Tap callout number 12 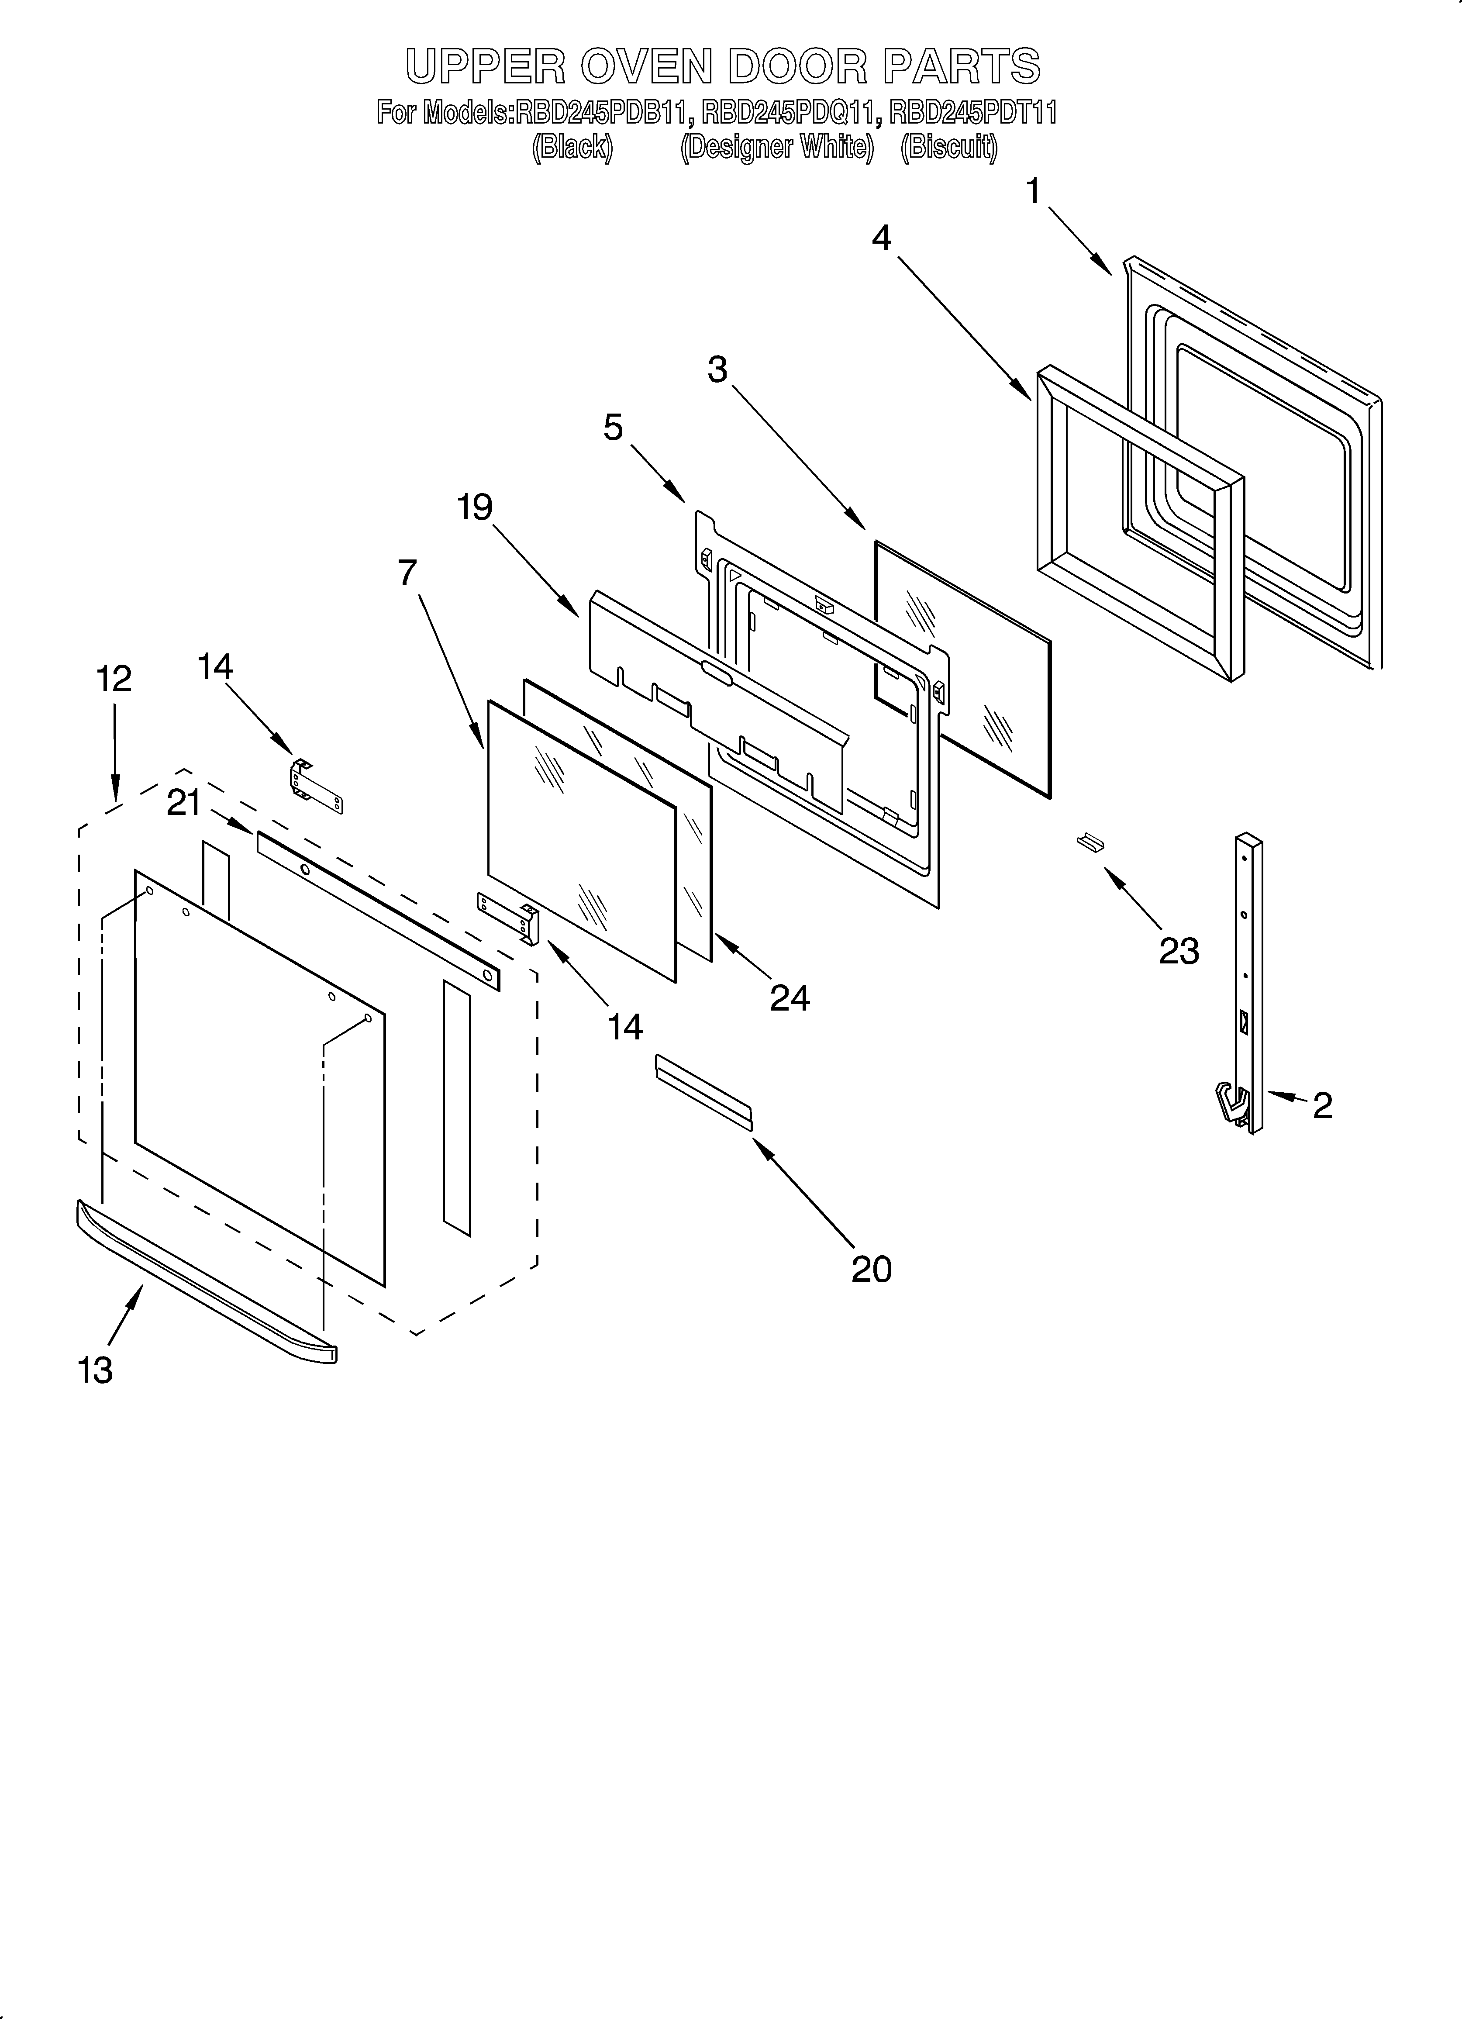click(x=114, y=679)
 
